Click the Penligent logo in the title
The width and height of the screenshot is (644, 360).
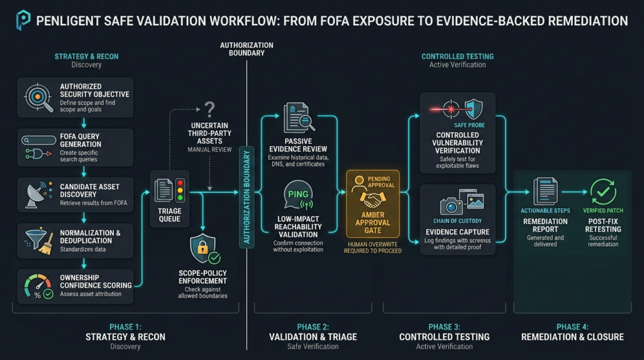[23, 20]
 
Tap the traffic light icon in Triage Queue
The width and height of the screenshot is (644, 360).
[180, 190]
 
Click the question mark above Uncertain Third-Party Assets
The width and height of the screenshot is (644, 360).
[209, 110]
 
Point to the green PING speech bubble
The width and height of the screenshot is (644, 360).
[298, 194]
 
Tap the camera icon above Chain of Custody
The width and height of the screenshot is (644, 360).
[452, 205]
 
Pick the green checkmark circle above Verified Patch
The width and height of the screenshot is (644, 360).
[603, 191]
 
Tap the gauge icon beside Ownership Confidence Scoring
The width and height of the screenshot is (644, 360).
[38, 286]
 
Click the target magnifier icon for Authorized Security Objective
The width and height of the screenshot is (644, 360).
[38, 98]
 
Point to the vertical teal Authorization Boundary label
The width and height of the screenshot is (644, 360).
[247, 197]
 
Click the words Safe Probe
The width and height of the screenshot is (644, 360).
[469, 125]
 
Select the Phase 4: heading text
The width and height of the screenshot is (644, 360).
[572, 327]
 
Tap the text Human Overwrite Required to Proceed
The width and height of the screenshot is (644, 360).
[372, 247]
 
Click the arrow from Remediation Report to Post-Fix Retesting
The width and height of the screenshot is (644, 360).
[574, 192]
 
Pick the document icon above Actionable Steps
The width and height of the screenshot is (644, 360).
[545, 191]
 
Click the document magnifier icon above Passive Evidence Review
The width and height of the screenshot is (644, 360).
[299, 117]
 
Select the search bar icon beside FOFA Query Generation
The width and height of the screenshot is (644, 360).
[38, 140]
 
